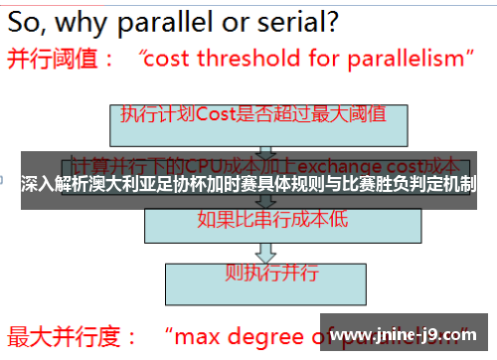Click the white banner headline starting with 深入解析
[248, 184]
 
